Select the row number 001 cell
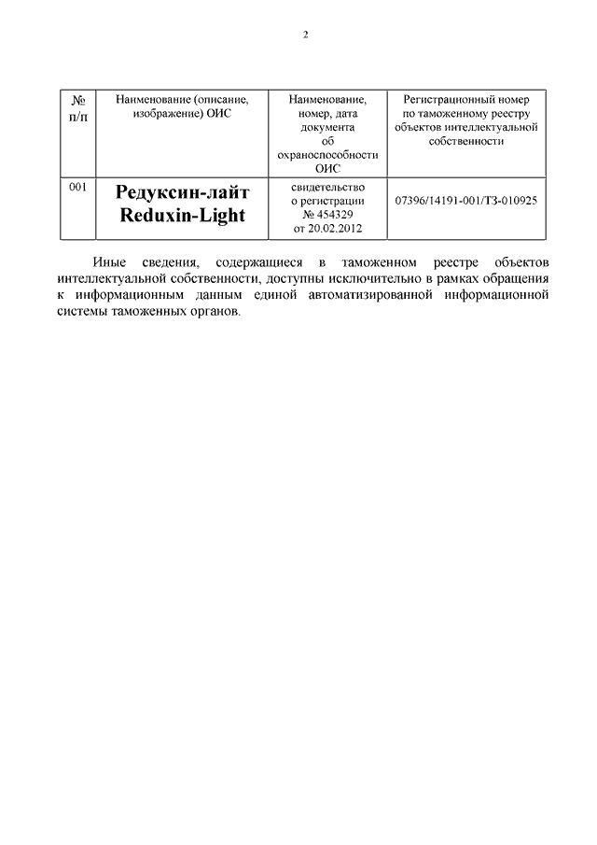click(x=78, y=188)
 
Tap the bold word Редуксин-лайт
click(x=183, y=193)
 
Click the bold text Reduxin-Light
click(x=183, y=216)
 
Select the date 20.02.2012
click(x=333, y=229)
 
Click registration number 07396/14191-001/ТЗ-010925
click(x=465, y=201)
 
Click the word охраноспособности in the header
click(x=326, y=155)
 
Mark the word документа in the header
click(x=326, y=127)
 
